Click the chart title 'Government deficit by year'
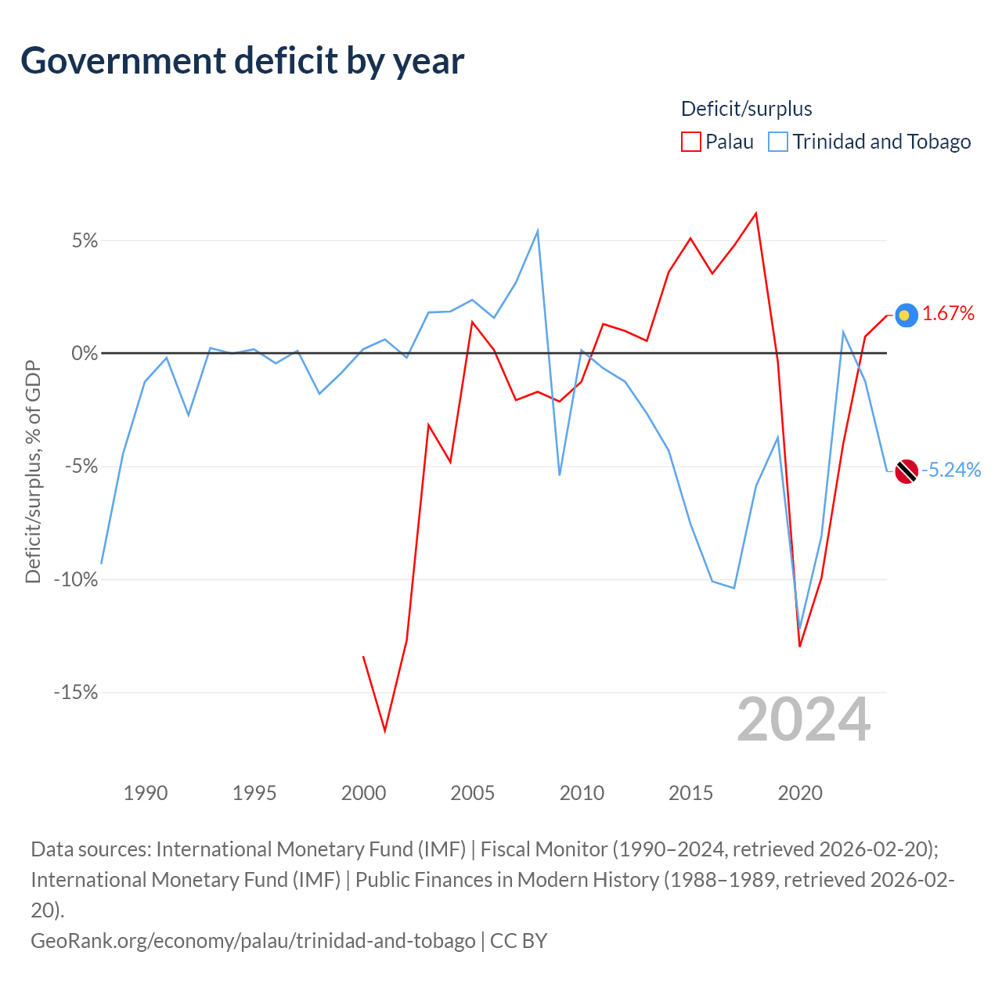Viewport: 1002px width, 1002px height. pos(242,61)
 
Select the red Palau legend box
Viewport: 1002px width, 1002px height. pos(690,142)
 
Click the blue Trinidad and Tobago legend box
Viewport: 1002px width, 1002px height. pos(778,142)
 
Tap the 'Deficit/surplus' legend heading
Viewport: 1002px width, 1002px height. pos(746,109)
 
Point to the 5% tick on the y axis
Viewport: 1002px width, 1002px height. pos(85,241)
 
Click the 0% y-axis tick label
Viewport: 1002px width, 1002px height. pos(85,354)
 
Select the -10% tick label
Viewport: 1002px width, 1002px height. pos(76,579)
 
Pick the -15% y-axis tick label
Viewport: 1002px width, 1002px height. pos(76,692)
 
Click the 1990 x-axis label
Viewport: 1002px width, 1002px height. pos(145,794)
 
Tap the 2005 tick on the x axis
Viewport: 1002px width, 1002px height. pos(472,794)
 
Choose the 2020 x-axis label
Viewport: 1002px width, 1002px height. pos(800,794)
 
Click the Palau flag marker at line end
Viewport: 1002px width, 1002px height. pos(906,315)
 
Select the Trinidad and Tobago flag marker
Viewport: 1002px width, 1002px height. pos(906,471)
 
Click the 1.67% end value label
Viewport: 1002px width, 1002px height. pos(948,314)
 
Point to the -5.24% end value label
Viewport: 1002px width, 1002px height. pos(951,470)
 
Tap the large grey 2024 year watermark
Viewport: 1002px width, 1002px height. pos(803,720)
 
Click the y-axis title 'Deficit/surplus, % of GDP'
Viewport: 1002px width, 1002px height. pos(34,471)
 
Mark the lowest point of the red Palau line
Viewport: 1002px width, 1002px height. pos(385,731)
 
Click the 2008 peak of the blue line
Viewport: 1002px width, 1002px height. pos(537,230)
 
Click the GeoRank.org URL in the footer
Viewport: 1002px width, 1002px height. pos(253,941)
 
